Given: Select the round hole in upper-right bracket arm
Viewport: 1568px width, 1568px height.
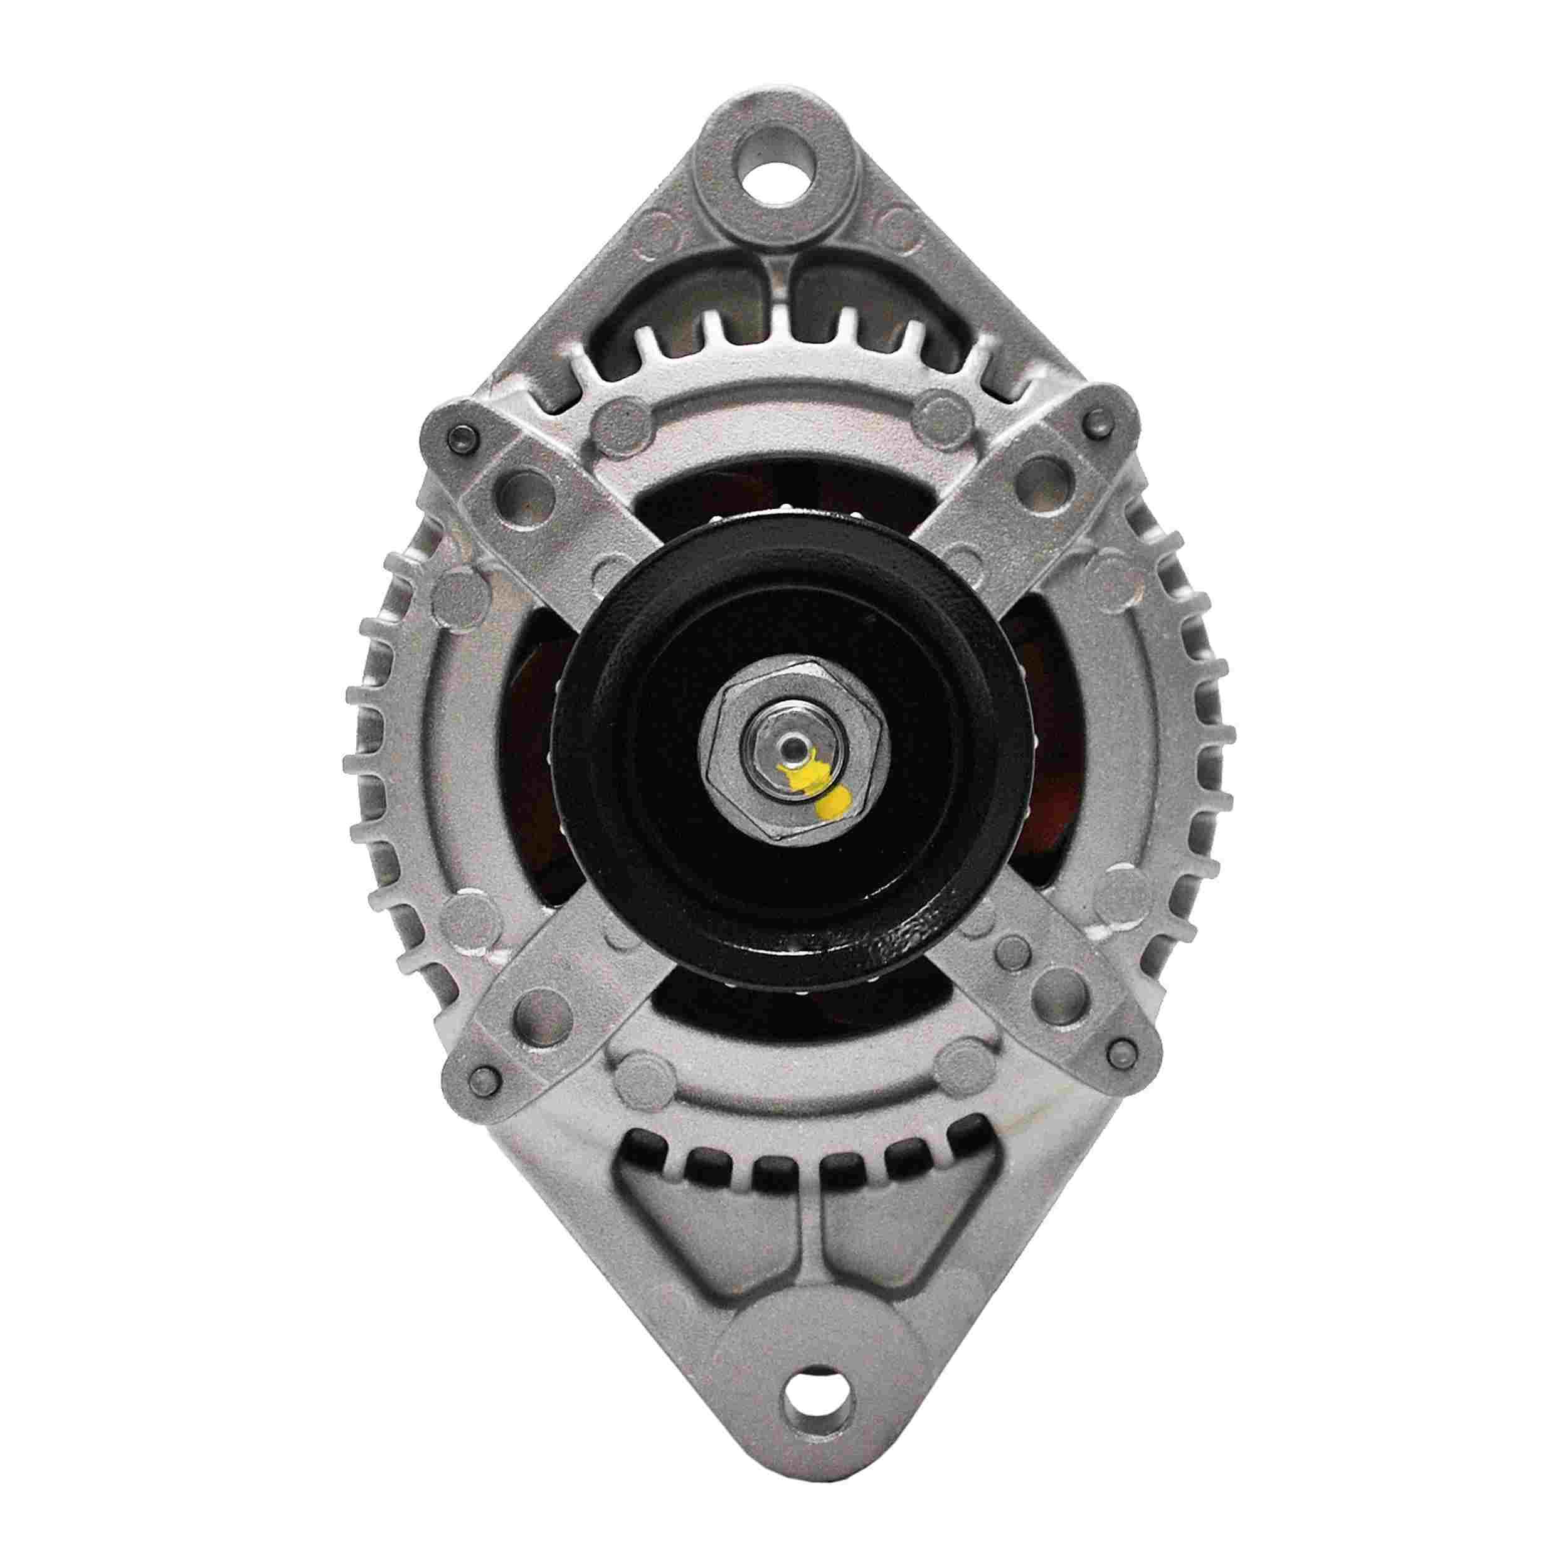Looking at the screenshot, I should point(1038,472).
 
